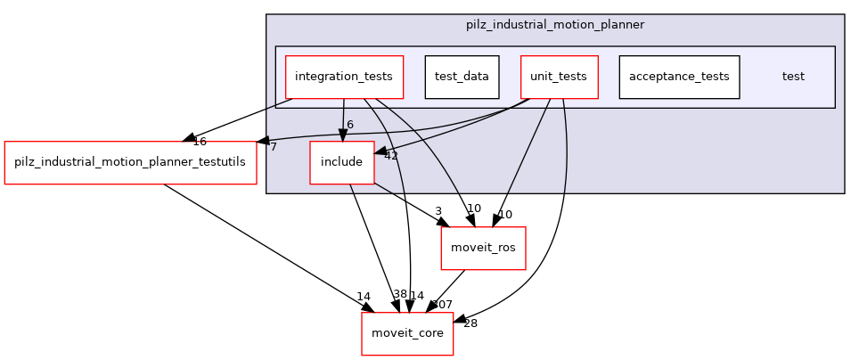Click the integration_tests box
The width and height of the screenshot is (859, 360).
pos(344,77)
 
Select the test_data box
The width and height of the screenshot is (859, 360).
pos(462,77)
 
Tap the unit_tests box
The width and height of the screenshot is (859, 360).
pos(558,77)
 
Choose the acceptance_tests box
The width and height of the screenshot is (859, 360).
pos(679,77)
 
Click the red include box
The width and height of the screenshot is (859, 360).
pos(341,162)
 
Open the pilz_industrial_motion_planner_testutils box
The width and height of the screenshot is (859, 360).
pos(131,162)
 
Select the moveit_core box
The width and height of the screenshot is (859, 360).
pos(407,333)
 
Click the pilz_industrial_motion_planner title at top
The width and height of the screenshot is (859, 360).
pos(554,24)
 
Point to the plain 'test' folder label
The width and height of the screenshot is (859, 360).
pos(793,77)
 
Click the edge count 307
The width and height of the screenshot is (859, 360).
pos(442,305)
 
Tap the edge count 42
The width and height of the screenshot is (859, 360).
pos(390,156)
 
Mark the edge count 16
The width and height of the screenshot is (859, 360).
pos(200,142)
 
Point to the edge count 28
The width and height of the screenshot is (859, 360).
pos(470,323)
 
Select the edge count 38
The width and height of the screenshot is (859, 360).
pos(400,295)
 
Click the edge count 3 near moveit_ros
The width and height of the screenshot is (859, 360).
pos(438,211)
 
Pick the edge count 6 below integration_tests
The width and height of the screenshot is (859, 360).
pos(350,125)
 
